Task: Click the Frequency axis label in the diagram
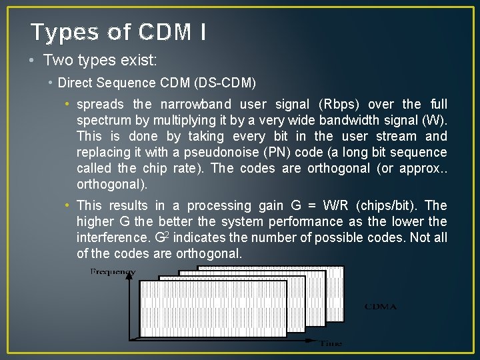[113, 272]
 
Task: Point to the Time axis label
[331, 343]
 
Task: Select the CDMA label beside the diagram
[380, 307]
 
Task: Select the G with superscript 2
[161, 237]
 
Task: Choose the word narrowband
[196, 104]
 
